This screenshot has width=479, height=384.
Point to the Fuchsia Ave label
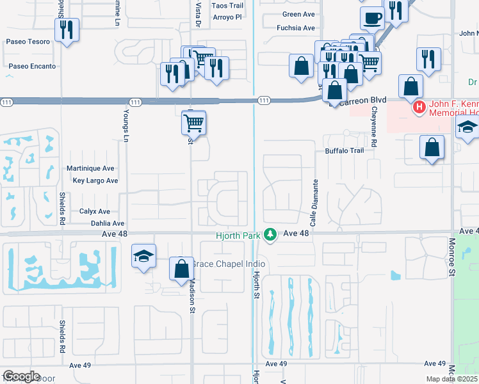click(x=296, y=28)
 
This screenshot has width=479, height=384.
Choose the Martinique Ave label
click(x=90, y=168)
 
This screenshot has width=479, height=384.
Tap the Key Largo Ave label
click(x=95, y=180)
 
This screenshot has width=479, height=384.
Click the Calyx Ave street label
click(x=95, y=211)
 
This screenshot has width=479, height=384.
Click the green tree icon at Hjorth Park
click(x=271, y=235)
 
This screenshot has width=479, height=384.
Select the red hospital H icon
click(x=419, y=106)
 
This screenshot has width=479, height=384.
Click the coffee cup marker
click(x=372, y=17)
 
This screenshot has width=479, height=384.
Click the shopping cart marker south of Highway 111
click(x=194, y=122)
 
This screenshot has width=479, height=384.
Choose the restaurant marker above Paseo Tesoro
click(x=67, y=29)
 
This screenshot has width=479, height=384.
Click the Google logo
click(x=21, y=376)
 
